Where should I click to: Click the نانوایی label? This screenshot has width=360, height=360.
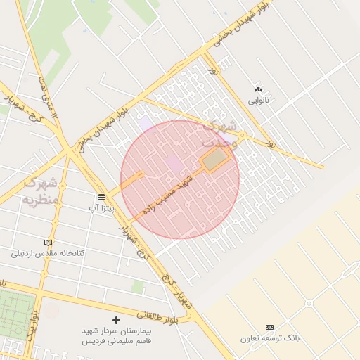pyautogui.click(x=258, y=101)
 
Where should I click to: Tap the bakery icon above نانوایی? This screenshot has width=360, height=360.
pyautogui.click(x=258, y=89)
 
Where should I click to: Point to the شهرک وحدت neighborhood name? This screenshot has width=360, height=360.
pyautogui.click(x=219, y=134)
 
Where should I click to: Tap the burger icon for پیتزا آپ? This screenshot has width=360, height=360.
pyautogui.click(x=102, y=197)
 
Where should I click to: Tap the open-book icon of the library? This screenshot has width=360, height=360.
pyautogui.click(x=48, y=242)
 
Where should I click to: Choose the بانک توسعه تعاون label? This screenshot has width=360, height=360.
pyautogui.click(x=269, y=338)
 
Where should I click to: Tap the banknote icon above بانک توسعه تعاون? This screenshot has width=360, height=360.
pyautogui.click(x=269, y=327)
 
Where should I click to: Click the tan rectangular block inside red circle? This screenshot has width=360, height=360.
pyautogui.click(x=216, y=159)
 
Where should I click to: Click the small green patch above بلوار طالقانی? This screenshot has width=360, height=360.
pyautogui.click(x=139, y=287)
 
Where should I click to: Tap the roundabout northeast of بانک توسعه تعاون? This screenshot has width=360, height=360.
pyautogui.click(x=309, y=304)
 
